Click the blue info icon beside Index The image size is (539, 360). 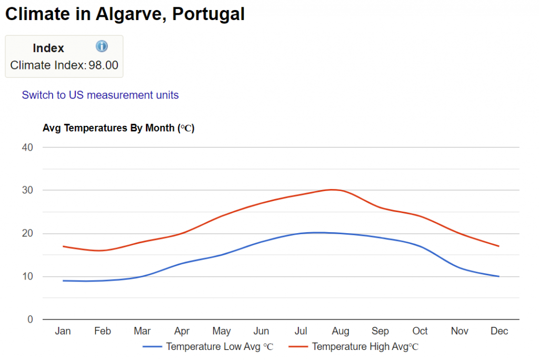click(102, 46)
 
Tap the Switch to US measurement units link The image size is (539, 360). click(100, 95)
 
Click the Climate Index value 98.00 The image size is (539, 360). click(103, 66)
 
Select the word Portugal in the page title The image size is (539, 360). click(208, 14)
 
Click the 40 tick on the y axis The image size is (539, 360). click(27, 147)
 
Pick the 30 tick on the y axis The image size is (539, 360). click(27, 190)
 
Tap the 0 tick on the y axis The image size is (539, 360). click(30, 319)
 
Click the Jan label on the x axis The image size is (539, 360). click(63, 331)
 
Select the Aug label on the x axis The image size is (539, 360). click(341, 331)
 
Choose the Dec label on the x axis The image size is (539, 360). click(499, 331)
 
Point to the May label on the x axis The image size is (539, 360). click(222, 331)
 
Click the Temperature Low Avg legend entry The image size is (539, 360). click(208, 347)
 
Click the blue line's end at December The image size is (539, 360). click(498, 276)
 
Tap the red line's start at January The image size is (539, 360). click(63, 246)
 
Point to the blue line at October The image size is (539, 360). click(420, 246)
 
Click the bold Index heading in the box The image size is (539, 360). click(48, 48)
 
